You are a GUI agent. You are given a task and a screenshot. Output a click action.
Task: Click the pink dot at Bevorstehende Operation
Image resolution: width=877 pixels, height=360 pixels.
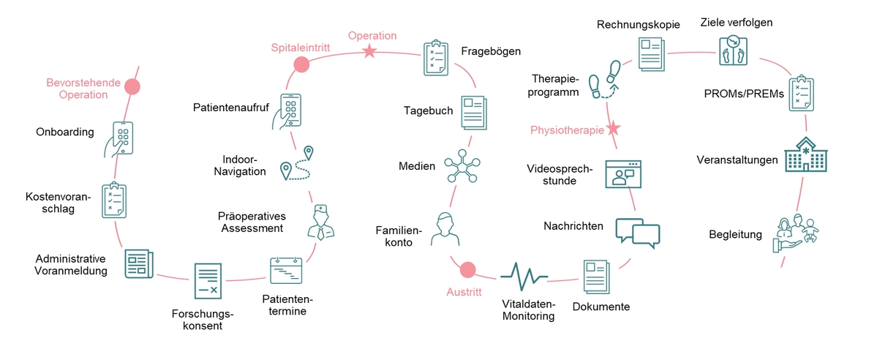point(132,87)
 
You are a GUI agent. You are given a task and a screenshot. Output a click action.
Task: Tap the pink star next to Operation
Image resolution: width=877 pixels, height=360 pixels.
point(369,51)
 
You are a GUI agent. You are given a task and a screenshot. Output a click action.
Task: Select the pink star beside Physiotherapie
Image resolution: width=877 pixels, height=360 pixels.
point(613,130)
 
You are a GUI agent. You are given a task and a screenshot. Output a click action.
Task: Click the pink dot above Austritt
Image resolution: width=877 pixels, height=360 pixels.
point(467,269)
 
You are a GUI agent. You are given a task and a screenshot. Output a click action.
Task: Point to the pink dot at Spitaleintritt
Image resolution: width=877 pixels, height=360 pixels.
point(301,64)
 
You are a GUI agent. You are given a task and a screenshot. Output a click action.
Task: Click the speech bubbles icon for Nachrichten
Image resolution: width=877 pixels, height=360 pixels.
point(638,232)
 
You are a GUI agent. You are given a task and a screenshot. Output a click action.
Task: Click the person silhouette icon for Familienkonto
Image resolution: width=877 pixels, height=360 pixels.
point(445,228)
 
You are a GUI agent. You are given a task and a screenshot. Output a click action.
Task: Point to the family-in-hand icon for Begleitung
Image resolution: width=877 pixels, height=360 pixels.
point(796,234)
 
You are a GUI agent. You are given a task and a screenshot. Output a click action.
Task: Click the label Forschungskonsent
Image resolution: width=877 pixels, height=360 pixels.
point(203,320)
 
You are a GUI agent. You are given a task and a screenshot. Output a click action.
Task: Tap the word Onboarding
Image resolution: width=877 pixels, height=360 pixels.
point(65,132)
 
